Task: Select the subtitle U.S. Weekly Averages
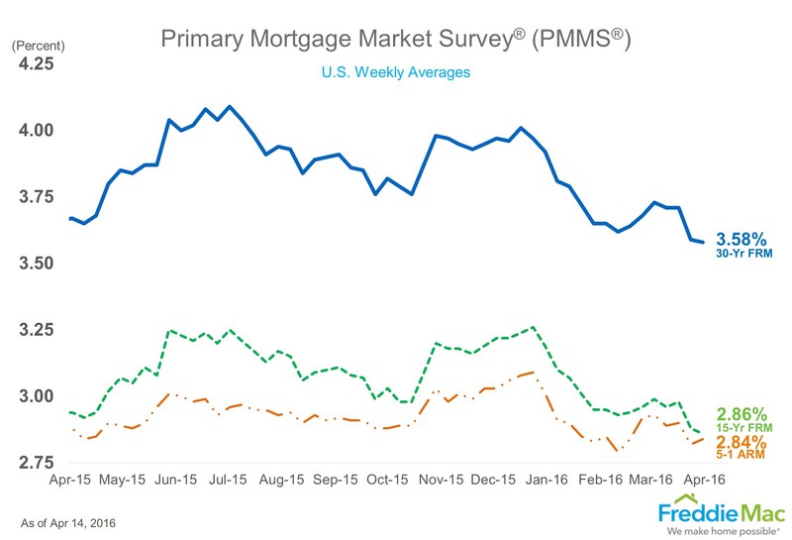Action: (x=394, y=72)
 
